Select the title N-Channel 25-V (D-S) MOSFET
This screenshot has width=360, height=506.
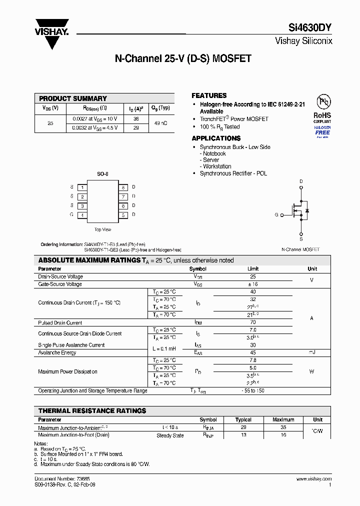(x=183, y=58)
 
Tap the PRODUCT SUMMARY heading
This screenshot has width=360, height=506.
(x=73, y=98)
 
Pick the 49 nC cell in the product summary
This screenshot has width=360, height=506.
(x=161, y=123)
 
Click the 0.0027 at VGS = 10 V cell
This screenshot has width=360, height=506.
(x=93, y=119)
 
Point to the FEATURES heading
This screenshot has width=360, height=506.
(x=209, y=95)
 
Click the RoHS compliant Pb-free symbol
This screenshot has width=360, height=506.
(x=322, y=102)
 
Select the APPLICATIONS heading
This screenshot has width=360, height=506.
(x=216, y=138)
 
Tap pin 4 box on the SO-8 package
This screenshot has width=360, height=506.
(x=82, y=215)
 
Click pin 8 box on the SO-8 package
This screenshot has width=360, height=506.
(x=123, y=187)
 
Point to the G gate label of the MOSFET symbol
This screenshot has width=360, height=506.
(x=276, y=214)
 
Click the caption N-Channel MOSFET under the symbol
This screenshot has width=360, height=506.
(x=300, y=249)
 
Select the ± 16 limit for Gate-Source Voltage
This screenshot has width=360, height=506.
(x=252, y=284)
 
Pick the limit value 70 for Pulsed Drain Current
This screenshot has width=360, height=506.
(x=252, y=322)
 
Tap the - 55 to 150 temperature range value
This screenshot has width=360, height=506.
(x=252, y=390)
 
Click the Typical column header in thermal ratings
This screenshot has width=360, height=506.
(x=243, y=419)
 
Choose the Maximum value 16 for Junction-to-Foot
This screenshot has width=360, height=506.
(x=283, y=435)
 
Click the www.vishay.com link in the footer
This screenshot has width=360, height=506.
(x=315, y=479)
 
